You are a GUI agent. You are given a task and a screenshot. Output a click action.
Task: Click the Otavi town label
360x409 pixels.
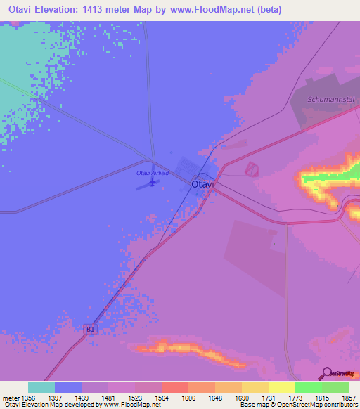(203, 184)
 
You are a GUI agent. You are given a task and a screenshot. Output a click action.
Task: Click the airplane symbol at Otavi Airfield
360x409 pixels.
(151, 183)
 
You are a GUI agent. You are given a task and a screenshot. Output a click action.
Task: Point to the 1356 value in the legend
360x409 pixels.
(26, 398)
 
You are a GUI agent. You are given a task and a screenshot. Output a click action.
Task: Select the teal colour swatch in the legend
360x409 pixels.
(41, 387)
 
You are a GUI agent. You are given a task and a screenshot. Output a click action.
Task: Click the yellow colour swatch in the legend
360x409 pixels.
(281, 387)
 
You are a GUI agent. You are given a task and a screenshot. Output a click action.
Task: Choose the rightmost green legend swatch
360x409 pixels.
(335, 387)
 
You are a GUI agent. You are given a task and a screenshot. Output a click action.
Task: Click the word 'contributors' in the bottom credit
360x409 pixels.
(341, 405)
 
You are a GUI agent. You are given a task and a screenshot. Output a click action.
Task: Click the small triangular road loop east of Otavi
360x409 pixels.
(250, 169)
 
